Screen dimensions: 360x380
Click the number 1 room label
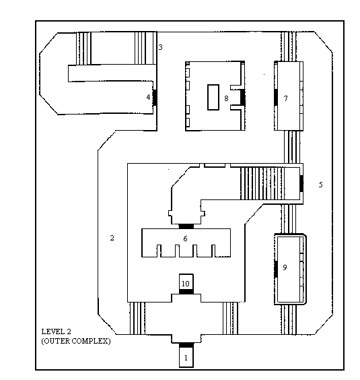pos(186,358)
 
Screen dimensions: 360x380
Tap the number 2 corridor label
pos(112,238)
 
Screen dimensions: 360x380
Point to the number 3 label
pos(160,47)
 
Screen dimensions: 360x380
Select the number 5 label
pos(321,185)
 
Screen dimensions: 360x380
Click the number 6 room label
pos(185,239)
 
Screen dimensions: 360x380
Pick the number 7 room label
pos(286,98)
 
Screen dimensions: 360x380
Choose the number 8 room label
pos(226,98)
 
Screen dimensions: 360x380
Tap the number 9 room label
pos(285,267)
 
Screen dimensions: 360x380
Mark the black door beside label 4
pos(155,98)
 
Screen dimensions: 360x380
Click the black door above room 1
pos(186,345)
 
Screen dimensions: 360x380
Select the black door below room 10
pos(186,292)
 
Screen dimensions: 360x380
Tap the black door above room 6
pos(186,226)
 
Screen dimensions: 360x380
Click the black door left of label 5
pos(301,183)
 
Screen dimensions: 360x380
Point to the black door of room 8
pos(243,98)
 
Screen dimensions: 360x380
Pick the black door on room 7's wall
pos(276,98)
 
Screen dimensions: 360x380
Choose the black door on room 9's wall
pos(276,269)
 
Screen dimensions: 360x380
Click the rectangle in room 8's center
pos(213,97)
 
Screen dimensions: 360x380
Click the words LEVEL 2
pos(56,331)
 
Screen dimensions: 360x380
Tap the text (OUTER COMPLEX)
pos(76,341)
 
